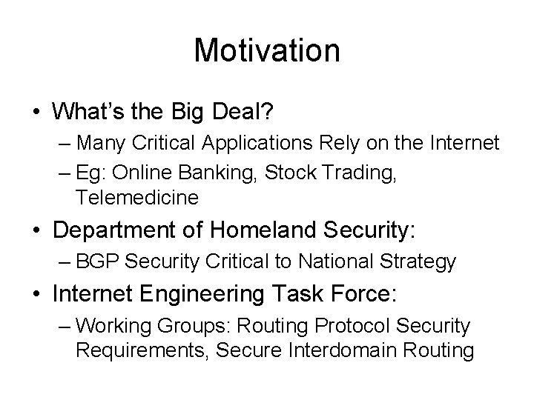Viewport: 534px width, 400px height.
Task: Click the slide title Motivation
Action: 266,50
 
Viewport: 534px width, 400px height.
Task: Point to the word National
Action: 331,262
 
